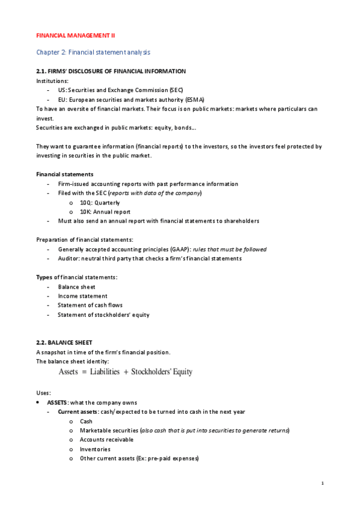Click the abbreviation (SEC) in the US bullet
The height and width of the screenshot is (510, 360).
point(159,90)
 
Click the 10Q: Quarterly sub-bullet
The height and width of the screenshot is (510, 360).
point(100,203)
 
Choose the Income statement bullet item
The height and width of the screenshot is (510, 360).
point(83,296)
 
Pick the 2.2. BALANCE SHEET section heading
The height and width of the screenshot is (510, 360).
point(64,342)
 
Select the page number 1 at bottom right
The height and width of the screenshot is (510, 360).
point(323,483)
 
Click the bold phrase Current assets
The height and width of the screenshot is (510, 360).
point(77,412)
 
